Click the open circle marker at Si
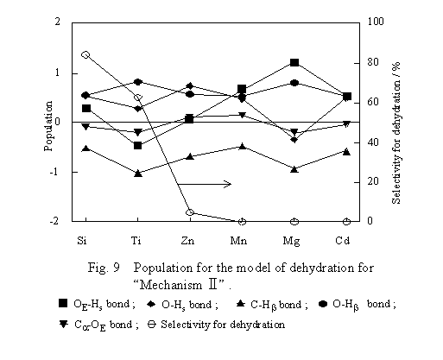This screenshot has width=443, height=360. pos(85,54)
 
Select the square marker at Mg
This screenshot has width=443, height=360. pos(294,62)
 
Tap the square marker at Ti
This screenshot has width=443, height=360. pos(137,145)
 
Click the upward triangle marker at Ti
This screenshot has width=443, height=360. pos(138,174)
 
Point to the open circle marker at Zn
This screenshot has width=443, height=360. pos(190,212)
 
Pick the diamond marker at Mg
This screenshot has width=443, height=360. pos(294,140)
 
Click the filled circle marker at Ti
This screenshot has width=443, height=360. pos(137,82)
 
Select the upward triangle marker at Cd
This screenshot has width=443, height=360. pos(346,152)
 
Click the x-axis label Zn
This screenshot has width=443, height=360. pos(187,240)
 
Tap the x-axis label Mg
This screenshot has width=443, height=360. pos(291,241)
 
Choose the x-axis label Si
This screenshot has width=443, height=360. pos(82,240)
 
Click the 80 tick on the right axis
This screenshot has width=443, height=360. pos(376,62)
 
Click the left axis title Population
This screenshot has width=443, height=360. pos(48,126)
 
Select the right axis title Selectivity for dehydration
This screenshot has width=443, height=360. pos(396,133)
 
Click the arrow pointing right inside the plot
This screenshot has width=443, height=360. pos(205,184)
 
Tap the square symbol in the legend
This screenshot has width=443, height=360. pos(63,303)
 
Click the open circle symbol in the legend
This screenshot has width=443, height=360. pos(152,325)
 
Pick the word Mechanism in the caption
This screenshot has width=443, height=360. pos(171,285)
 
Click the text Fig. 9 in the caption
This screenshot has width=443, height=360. pos(104,268)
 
